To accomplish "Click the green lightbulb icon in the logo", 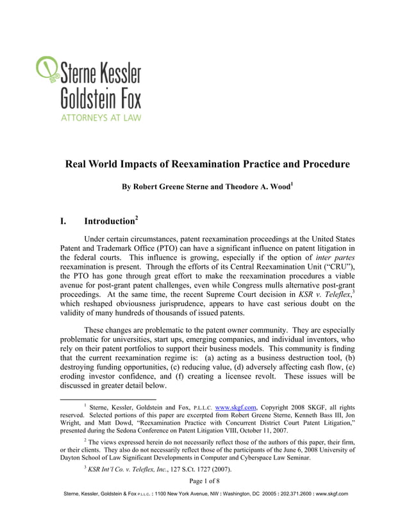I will [x=47, y=69].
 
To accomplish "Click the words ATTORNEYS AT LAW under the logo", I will [x=101, y=117].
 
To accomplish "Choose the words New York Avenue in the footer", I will [x=190, y=494].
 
